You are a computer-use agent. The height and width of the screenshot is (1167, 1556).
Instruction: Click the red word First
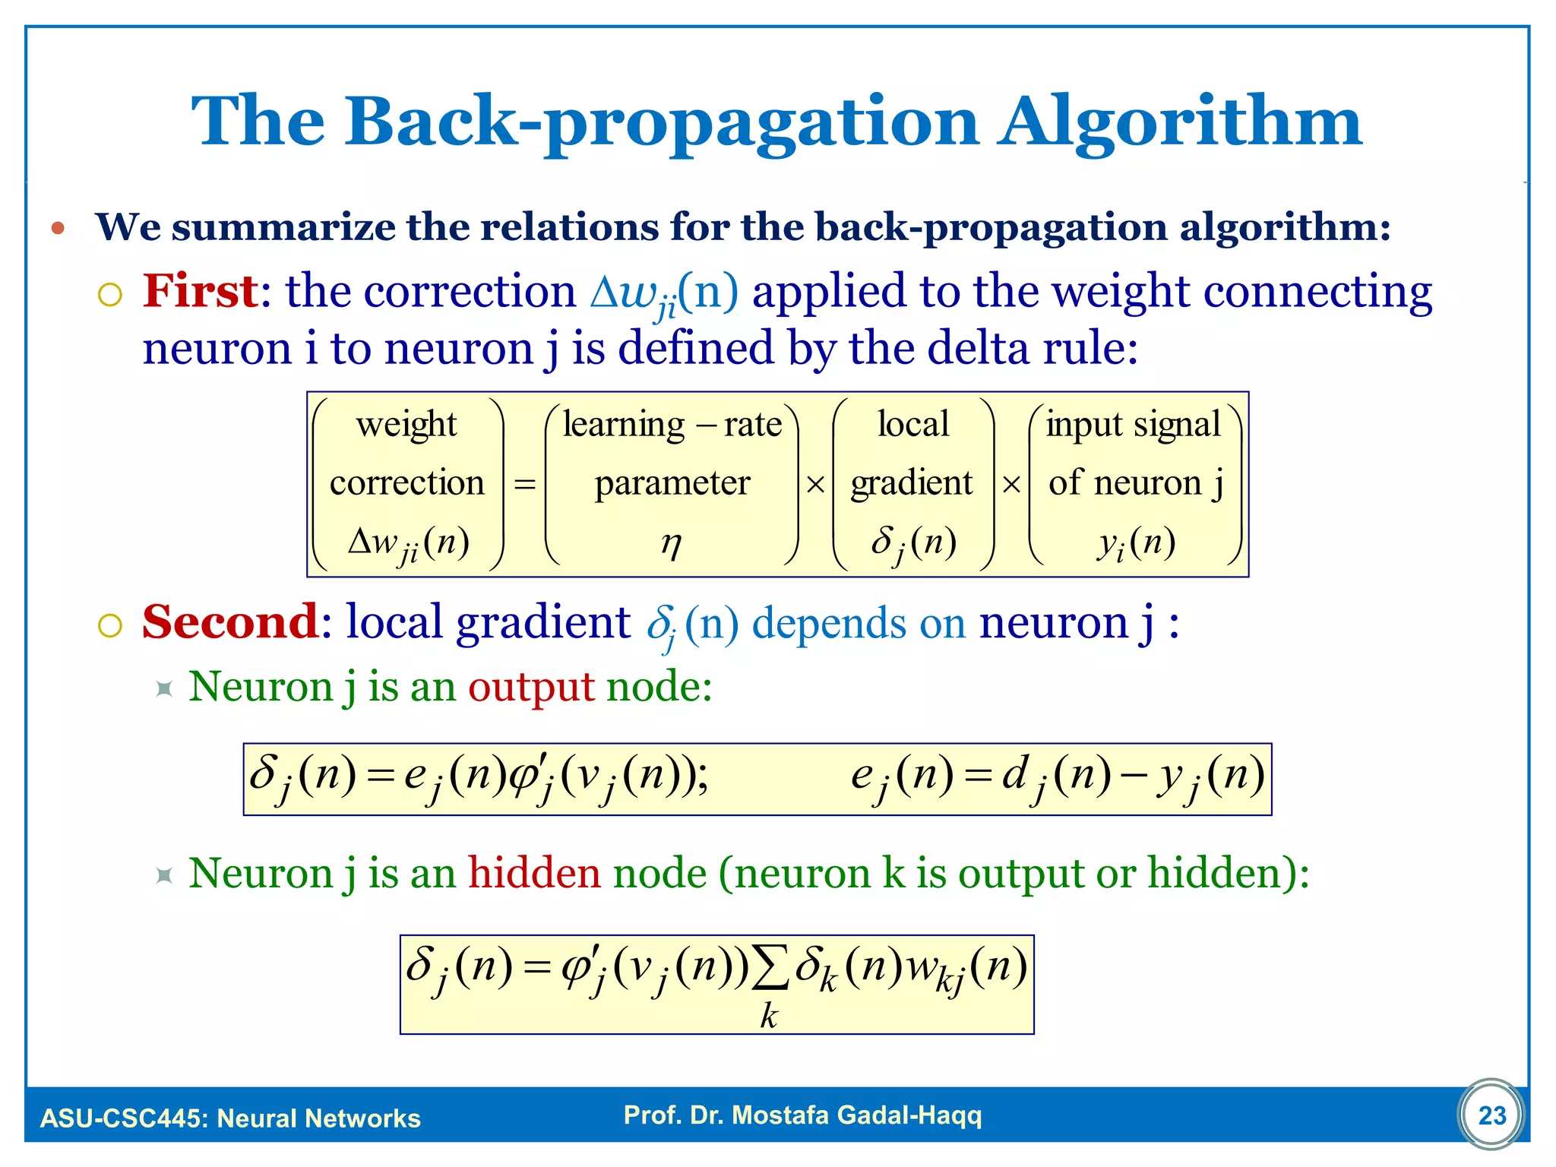pyautogui.click(x=201, y=291)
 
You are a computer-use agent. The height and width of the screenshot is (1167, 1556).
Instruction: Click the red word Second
pyautogui.click(x=230, y=622)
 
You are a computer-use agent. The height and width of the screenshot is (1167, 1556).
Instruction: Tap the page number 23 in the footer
pyautogui.click(x=1491, y=1115)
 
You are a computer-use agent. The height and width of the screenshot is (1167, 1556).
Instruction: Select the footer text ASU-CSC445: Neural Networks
pyautogui.click(x=230, y=1118)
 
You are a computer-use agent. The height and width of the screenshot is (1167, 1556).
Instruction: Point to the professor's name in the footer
pyautogui.click(x=802, y=1115)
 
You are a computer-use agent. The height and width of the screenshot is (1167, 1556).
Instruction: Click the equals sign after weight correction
pyautogui.click(x=524, y=484)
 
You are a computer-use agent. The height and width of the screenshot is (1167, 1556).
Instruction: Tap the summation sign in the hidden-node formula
pyautogui.click(x=769, y=969)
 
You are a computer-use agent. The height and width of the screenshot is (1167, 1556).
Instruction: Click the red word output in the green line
pyautogui.click(x=530, y=687)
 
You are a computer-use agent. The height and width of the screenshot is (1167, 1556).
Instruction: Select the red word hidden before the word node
pyautogui.click(x=534, y=872)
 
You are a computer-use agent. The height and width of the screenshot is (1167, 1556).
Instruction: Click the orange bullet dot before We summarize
pyautogui.click(x=59, y=228)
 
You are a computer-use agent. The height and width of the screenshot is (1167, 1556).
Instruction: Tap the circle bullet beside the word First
pyautogui.click(x=110, y=295)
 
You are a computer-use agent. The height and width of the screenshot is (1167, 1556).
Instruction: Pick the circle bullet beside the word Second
pyautogui.click(x=110, y=626)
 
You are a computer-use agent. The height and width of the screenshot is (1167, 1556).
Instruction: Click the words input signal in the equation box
pyautogui.click(x=1133, y=424)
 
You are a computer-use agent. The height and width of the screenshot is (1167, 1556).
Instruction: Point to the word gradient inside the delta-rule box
pyautogui.click(x=911, y=483)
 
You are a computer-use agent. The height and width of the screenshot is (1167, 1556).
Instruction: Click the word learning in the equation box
pyautogui.click(x=624, y=424)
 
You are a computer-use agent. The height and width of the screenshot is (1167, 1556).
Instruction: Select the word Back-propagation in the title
pyautogui.click(x=661, y=122)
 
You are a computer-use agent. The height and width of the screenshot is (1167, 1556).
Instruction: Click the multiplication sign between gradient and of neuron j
pyautogui.click(x=1010, y=484)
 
